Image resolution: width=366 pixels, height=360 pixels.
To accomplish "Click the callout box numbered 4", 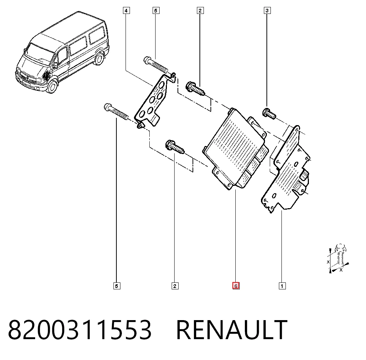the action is (x=126, y=11).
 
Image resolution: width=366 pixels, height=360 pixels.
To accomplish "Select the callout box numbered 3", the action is (x=267, y=11).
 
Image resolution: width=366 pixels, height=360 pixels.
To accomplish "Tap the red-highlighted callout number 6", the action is (x=236, y=286).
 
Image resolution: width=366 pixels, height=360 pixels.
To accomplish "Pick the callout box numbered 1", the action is (x=282, y=286).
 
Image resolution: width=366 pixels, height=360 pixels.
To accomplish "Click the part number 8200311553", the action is (x=80, y=329).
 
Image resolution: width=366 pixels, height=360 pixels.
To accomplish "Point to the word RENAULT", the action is (x=232, y=329).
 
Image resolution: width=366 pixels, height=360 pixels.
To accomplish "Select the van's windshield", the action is (x=39, y=55).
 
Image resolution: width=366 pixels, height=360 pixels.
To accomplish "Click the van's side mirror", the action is (x=55, y=65).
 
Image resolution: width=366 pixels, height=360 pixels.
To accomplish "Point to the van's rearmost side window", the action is (x=97, y=35).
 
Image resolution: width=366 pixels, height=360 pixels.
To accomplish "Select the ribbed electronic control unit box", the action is (x=236, y=149).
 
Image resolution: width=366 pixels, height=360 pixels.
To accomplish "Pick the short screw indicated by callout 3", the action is (x=269, y=114).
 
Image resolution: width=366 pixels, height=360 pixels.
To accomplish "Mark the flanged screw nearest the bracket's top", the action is (x=195, y=89).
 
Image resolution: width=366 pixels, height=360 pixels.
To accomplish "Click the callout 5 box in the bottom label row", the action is (x=117, y=286).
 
